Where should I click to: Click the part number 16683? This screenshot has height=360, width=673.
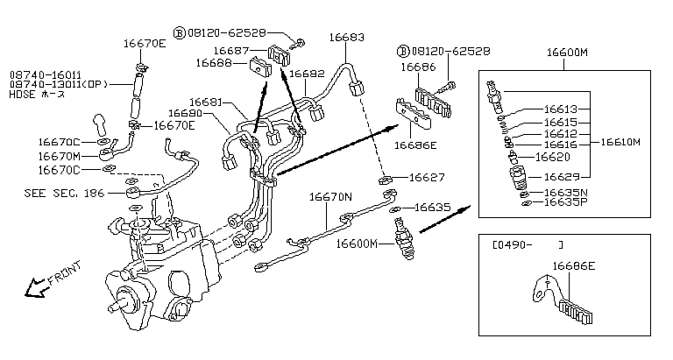coord(347,38)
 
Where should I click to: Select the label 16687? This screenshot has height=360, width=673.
coord(231,51)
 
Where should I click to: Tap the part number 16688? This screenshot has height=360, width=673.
coord(213,63)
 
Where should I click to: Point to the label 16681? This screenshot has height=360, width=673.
coord(208,102)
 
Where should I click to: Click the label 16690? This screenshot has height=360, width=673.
coord(186,113)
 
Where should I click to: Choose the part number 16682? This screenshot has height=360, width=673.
coord(308,75)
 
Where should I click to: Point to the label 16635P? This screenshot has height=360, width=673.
coord(565,202)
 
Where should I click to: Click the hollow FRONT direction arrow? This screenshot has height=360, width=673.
coord(37,286)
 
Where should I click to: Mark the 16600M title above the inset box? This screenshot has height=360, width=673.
coord(566,53)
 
